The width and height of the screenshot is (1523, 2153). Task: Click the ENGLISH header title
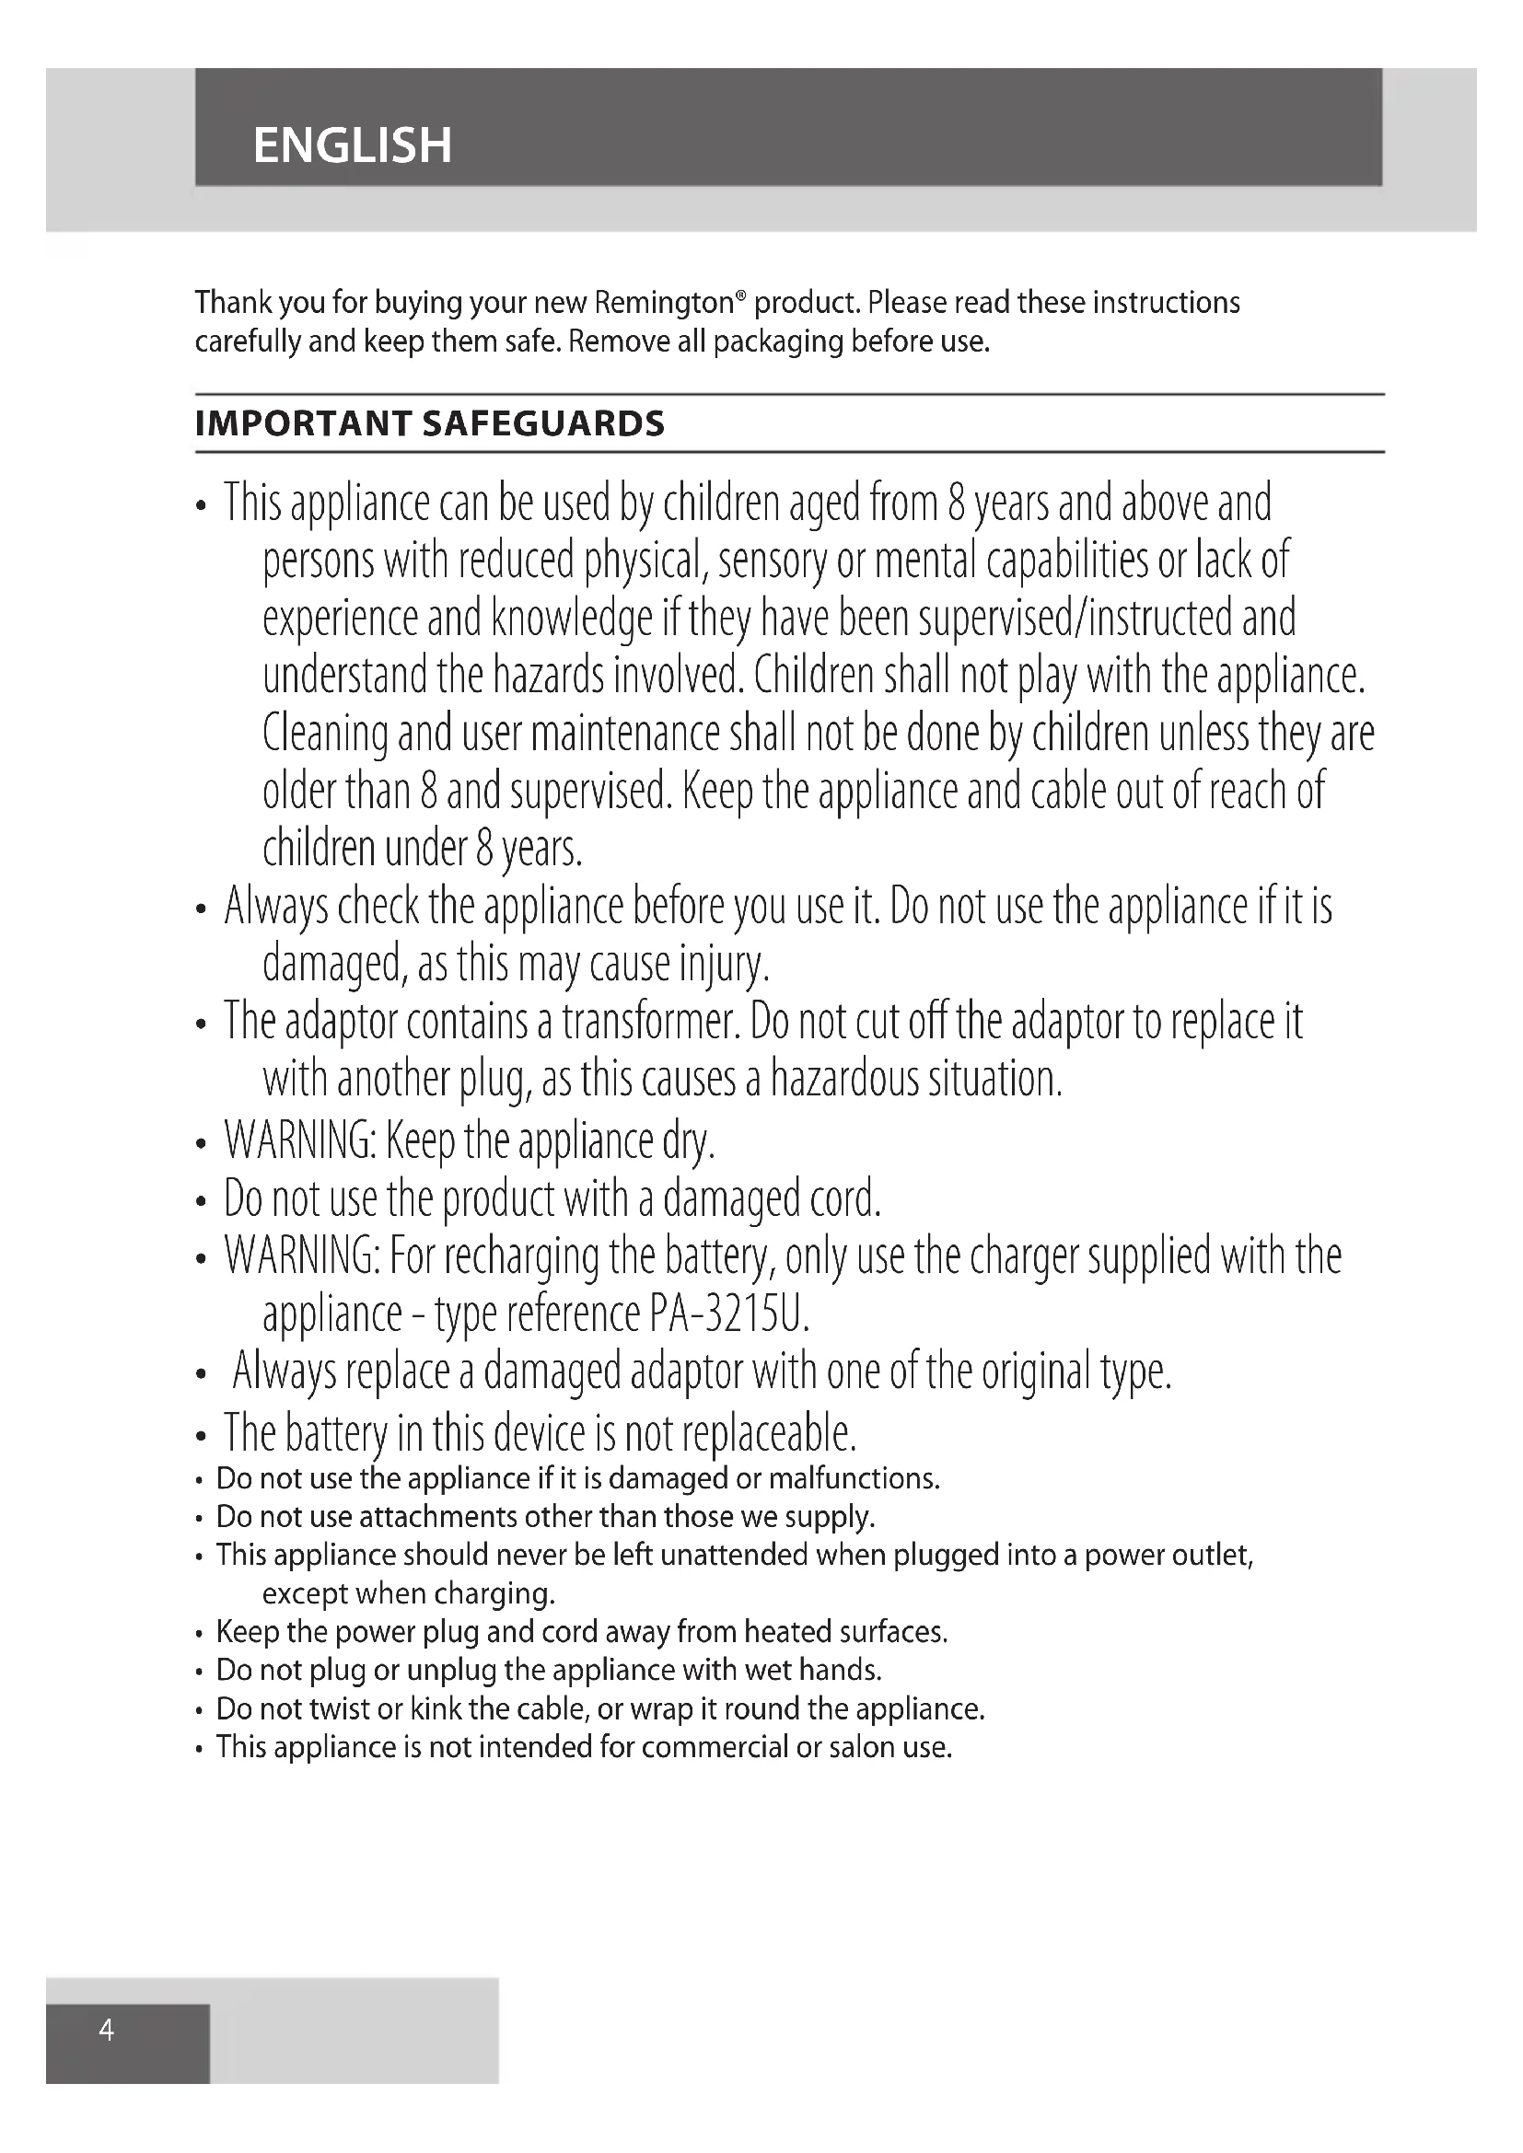(x=352, y=145)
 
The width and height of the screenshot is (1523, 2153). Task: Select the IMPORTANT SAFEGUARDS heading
(x=429, y=423)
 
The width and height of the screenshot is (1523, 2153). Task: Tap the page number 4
(x=107, y=2031)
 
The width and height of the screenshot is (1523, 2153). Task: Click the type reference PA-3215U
(x=727, y=1314)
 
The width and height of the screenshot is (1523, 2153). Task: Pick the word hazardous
(x=845, y=1080)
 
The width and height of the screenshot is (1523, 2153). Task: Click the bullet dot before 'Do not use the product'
(x=201, y=1202)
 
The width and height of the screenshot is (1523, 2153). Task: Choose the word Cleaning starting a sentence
(x=324, y=735)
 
